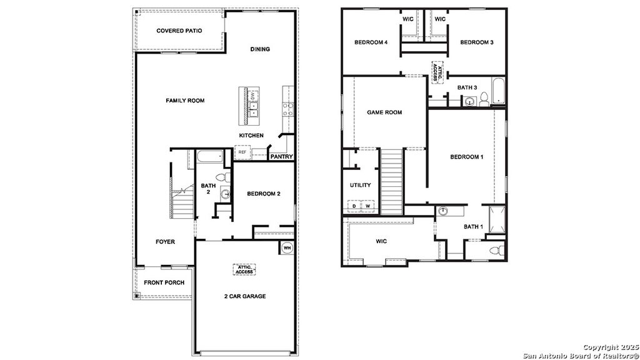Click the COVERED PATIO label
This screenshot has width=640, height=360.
pos(179,31)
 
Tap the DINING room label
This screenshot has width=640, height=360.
pos(260,49)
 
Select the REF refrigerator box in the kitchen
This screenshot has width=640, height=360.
pos(241,152)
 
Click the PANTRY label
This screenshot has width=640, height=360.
pos(281,157)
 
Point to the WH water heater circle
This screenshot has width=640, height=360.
pos(287,247)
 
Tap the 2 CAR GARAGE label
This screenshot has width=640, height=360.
pos(244,296)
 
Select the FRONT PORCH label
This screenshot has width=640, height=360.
pos(164,282)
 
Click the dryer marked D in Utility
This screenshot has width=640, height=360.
pos(354,206)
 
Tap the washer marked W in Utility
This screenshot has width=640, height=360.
pos(368,206)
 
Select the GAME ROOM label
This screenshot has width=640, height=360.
pos(384,112)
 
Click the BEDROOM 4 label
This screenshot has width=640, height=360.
pos(371,42)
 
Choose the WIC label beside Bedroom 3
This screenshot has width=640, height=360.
pos(440,19)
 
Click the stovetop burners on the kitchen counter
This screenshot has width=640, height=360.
pos(289,110)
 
